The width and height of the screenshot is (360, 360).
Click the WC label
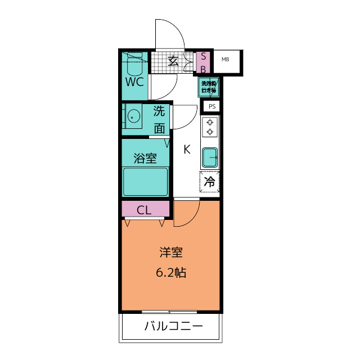pos(134,82)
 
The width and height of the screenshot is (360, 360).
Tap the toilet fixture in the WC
pos(134,65)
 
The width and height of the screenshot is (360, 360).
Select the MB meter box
pos(225,60)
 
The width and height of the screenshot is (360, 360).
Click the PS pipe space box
pos(211,106)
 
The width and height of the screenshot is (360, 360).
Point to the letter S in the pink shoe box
pos(204,57)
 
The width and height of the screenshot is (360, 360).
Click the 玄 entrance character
pos(174,61)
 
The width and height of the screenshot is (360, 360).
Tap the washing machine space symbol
pos(209,87)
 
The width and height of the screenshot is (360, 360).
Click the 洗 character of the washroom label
pos(160,111)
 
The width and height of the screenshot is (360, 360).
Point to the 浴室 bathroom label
pos(145,159)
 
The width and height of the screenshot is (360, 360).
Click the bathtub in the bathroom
pos(146,181)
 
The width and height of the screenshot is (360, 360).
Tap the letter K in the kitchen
pos(186,150)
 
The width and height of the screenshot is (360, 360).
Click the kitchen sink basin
pos(210,157)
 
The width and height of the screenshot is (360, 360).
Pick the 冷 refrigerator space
pos(210,182)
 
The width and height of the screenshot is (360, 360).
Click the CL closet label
pos(145,210)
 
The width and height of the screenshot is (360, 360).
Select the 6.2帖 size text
pos(171,273)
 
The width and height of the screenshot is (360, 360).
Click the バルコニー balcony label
pos(173,326)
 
